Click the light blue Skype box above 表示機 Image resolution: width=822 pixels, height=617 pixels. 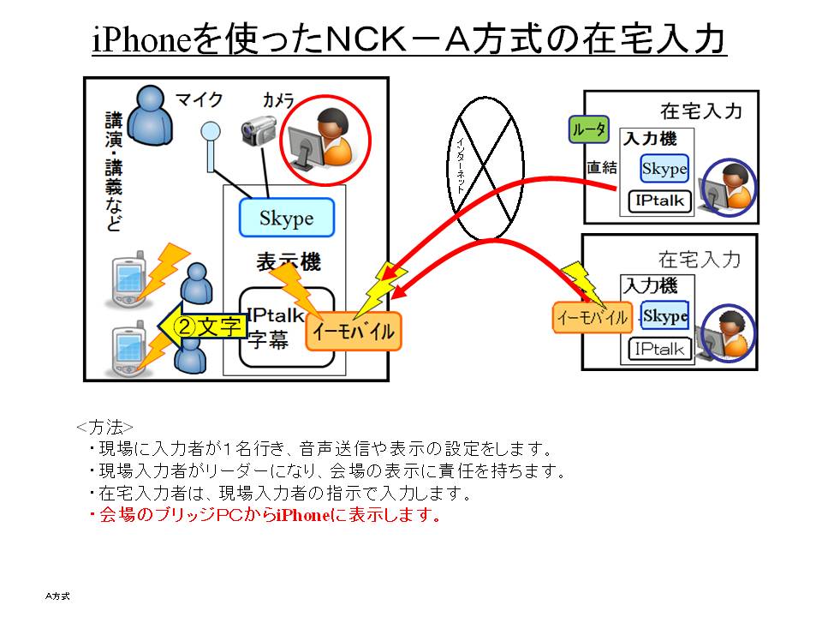tap(286, 219)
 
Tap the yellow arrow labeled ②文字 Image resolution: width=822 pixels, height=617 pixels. tap(204, 326)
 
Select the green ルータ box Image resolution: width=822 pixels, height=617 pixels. tap(588, 130)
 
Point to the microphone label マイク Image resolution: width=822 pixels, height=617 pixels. tap(199, 99)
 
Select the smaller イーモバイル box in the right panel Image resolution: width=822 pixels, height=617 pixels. tap(592, 318)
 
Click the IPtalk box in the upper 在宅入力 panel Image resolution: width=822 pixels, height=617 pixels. tap(657, 201)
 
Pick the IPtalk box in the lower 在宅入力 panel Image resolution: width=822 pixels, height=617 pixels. tap(658, 349)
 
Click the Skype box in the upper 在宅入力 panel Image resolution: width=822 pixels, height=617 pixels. tap(664, 169)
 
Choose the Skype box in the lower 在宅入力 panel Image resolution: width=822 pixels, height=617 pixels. tap(665, 316)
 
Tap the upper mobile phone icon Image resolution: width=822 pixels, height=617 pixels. tap(126, 281)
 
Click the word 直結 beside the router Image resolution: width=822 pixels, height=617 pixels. tap(601, 168)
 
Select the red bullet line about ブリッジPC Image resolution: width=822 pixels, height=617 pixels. tap(265, 516)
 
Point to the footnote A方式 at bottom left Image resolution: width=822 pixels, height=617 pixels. tap(58, 594)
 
